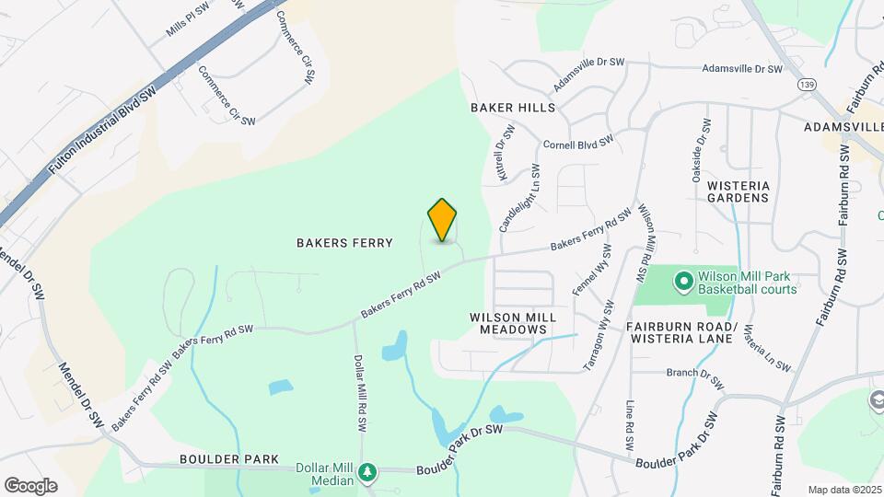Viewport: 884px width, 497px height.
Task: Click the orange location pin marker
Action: (x=443, y=219)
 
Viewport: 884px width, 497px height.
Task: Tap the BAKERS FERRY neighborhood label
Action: (x=344, y=243)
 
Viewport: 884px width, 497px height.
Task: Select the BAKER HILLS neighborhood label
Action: (x=513, y=108)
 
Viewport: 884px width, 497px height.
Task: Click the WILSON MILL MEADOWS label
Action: (x=513, y=322)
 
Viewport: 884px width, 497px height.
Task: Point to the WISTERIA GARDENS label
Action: (x=738, y=191)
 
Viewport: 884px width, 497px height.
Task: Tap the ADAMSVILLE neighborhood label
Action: (x=843, y=126)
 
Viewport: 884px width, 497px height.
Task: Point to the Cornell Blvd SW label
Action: (x=578, y=144)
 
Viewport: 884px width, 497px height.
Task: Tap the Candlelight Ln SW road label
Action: (x=518, y=198)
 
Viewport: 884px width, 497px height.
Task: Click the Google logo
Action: (x=30, y=485)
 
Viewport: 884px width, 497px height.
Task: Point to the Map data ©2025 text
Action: (x=844, y=490)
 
